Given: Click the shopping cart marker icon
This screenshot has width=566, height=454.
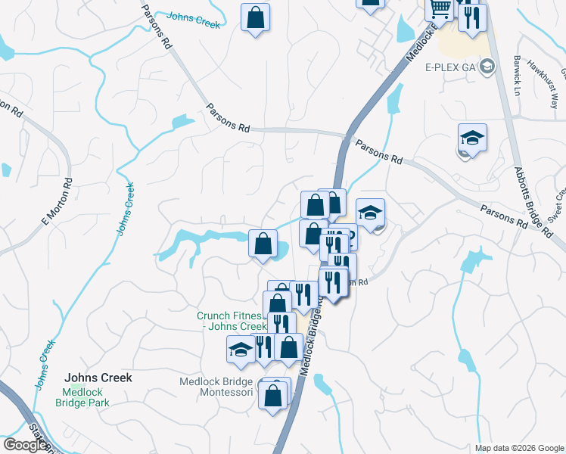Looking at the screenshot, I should tap(440, 9).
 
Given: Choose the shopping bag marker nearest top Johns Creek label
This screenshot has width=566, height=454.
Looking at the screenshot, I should tap(256, 16).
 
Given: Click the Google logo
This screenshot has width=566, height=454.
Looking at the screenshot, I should tap(25, 445).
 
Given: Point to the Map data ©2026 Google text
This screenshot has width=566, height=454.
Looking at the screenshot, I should tap(519, 448).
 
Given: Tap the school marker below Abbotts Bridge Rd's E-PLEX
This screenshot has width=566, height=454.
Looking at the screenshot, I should tap(471, 138).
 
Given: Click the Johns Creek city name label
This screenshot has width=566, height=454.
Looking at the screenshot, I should tap(98, 378).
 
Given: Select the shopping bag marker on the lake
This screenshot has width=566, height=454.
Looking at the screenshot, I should tap(263, 244).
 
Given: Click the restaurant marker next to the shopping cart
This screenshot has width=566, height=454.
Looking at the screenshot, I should tap(472, 17).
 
